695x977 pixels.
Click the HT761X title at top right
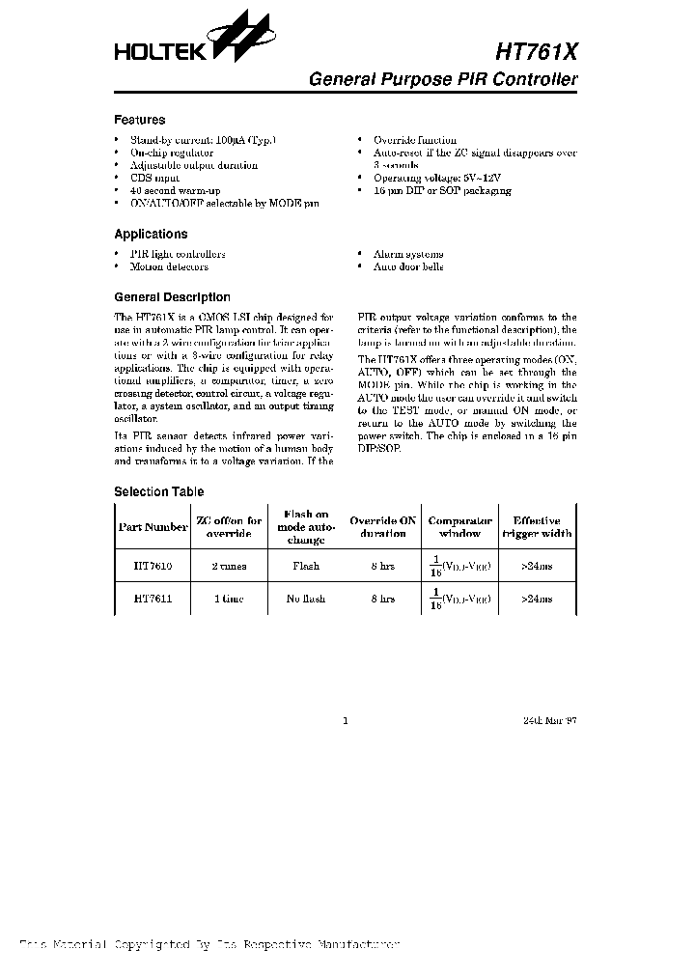[x=538, y=53]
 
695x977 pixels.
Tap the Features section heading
[x=139, y=121]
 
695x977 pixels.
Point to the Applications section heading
[x=151, y=234]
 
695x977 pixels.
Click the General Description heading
[x=172, y=298]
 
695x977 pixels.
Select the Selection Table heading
[x=158, y=492]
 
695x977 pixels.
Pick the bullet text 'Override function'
[x=415, y=141]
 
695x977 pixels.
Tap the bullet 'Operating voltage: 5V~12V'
[x=437, y=179]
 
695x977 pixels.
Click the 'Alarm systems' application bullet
[x=408, y=254]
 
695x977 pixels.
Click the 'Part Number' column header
[x=153, y=527]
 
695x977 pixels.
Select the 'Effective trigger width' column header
[x=536, y=527]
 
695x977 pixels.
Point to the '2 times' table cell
[x=229, y=566]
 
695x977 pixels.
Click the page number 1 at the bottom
[x=345, y=720]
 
